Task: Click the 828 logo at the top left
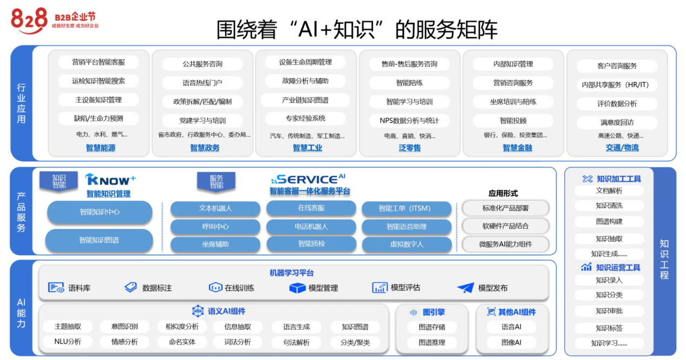(x=30, y=20)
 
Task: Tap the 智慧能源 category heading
(x=100, y=148)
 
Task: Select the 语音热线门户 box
(x=202, y=83)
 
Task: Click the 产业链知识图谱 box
(x=305, y=100)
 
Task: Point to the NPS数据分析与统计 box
(x=409, y=120)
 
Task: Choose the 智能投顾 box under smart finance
(x=513, y=120)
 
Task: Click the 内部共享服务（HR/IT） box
(x=616, y=85)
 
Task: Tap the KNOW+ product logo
(x=110, y=180)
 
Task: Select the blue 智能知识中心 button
(x=100, y=212)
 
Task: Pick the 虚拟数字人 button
(x=406, y=244)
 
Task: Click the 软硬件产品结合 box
(x=505, y=226)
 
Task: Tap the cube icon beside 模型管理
(x=297, y=288)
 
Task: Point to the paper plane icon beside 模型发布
(x=465, y=288)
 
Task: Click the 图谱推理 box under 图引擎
(x=432, y=343)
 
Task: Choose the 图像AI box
(x=511, y=343)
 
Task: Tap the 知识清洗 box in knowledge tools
(x=609, y=206)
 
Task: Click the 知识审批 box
(x=609, y=311)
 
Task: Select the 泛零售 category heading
(x=409, y=148)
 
